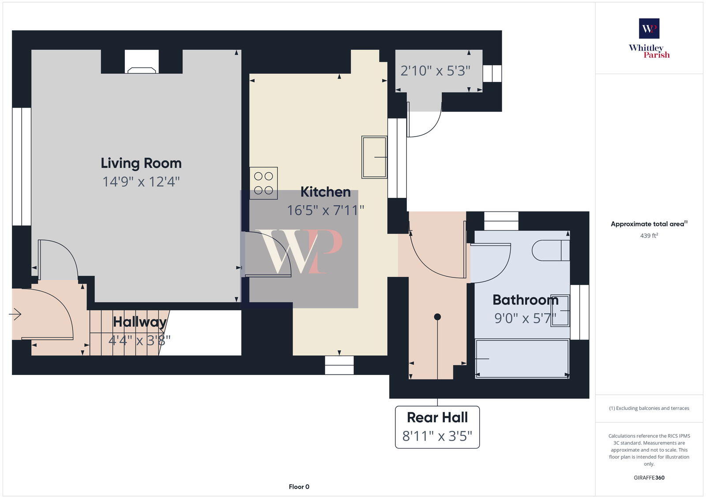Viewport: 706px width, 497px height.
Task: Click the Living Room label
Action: pyautogui.click(x=141, y=163)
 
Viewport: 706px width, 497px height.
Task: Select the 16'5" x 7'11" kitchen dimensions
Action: pyautogui.click(x=325, y=210)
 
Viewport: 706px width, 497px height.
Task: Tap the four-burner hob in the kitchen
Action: pyautogui.click(x=263, y=183)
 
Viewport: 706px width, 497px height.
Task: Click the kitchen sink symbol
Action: pyautogui.click(x=374, y=157)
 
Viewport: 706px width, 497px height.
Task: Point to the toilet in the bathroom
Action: pyautogui.click(x=550, y=250)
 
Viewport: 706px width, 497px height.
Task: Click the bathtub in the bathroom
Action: pyautogui.click(x=522, y=359)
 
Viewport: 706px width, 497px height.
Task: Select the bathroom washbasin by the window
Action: pyautogui.click(x=560, y=311)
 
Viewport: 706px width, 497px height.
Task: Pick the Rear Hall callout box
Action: pyautogui.click(x=437, y=427)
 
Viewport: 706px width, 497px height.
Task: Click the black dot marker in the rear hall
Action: pyautogui.click(x=437, y=317)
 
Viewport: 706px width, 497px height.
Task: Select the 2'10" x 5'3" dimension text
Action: pyautogui.click(x=435, y=70)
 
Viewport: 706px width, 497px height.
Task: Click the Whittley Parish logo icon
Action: pyautogui.click(x=649, y=29)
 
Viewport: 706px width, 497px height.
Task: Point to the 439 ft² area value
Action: pyautogui.click(x=649, y=236)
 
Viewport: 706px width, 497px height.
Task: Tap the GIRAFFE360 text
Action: pyautogui.click(x=649, y=478)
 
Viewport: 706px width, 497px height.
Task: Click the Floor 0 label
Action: pyautogui.click(x=299, y=487)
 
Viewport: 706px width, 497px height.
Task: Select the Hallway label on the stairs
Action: pyautogui.click(x=139, y=322)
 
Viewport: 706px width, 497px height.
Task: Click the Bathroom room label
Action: pyautogui.click(x=525, y=300)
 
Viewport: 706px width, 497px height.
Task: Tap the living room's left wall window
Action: pyautogui.click(x=21, y=167)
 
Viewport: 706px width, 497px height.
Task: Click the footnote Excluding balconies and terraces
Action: pyautogui.click(x=649, y=408)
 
